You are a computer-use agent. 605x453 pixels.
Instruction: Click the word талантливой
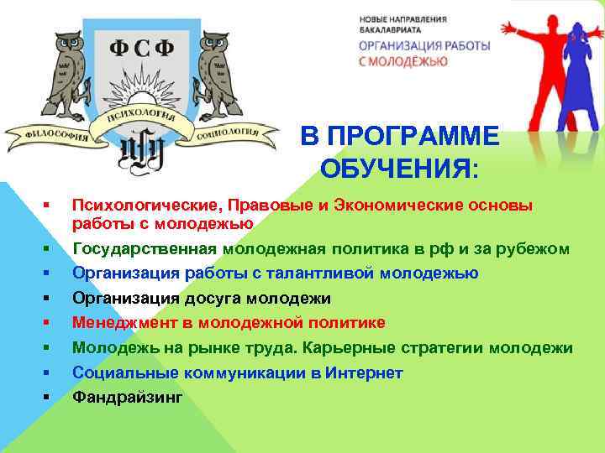tap(329, 273)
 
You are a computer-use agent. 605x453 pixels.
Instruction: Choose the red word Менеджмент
tap(118, 323)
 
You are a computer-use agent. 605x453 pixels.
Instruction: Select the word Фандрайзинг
tap(126, 397)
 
